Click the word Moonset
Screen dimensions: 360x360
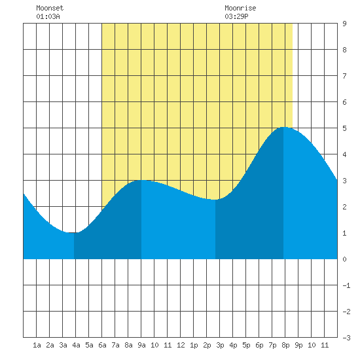pyautogui.click(x=50, y=8)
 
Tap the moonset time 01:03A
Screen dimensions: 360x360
pyautogui.click(x=48, y=16)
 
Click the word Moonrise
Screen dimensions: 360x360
pyautogui.click(x=240, y=8)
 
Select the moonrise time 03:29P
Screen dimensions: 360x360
pyautogui.click(x=236, y=16)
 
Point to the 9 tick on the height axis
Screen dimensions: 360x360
pyautogui.click(x=344, y=24)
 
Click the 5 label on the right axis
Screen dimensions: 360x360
pyautogui.click(x=344, y=128)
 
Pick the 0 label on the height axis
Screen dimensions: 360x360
pyautogui.click(x=344, y=259)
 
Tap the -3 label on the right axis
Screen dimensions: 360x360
pyautogui.click(x=346, y=338)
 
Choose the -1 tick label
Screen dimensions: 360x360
pyautogui.click(x=346, y=285)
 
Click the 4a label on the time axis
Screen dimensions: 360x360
pyautogui.click(x=76, y=345)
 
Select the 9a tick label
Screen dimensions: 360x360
pyautogui.click(x=141, y=345)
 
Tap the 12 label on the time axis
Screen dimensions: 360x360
pyautogui.click(x=181, y=345)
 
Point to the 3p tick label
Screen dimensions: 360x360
pyautogui.click(x=220, y=345)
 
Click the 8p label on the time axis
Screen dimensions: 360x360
pyautogui.click(x=285, y=345)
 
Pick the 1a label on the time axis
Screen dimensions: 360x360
pyautogui.click(x=37, y=345)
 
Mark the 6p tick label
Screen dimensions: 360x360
pyautogui.click(x=259, y=345)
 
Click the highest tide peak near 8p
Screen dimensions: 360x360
pyautogui.click(x=283, y=127)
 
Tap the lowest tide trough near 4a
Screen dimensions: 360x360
pyautogui.click(x=74, y=232)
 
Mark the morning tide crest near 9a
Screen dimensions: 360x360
pyautogui.click(x=141, y=180)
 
